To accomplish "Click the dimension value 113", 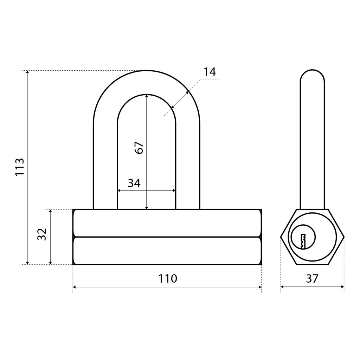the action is (x=20, y=167).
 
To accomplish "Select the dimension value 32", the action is (x=42, y=234).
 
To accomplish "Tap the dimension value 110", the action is (x=168, y=279).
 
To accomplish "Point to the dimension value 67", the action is (x=139, y=148).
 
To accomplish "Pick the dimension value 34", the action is (x=134, y=183).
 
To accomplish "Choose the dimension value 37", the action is (x=312, y=279).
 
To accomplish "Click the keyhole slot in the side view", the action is (x=303, y=242).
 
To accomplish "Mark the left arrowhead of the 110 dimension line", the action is (x=75, y=287).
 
